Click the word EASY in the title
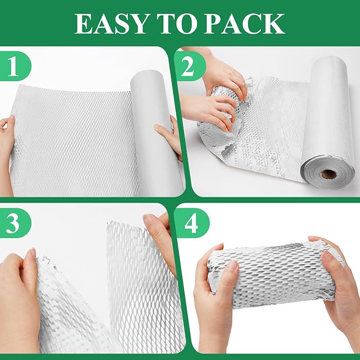coord(110,23)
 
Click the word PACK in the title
coord(244,23)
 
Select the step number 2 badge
coord(189,66)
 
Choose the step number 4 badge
coord(191,223)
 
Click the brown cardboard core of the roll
coord(329,174)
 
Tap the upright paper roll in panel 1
coord(156,133)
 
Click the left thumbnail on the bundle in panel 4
coord(233,266)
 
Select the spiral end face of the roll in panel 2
coord(328,172)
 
